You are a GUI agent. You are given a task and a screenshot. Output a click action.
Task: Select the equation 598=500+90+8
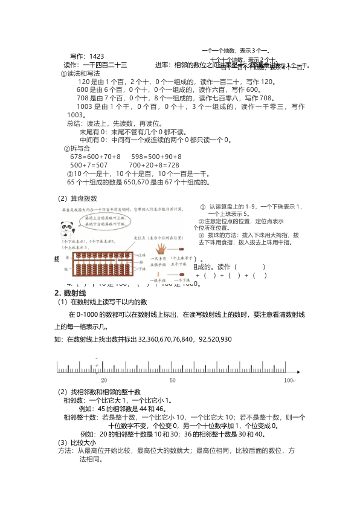(156, 157)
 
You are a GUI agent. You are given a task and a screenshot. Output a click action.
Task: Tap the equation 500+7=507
(89, 165)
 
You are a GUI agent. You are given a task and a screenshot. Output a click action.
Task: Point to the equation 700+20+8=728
(154, 165)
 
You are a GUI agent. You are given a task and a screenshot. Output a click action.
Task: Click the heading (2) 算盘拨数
(77, 198)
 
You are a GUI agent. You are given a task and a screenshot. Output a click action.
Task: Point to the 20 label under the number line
(104, 380)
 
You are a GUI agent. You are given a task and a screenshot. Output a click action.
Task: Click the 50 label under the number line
(173, 380)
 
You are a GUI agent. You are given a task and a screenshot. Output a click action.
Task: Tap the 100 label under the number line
(288, 380)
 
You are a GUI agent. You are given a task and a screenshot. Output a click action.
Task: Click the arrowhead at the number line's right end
(300, 371)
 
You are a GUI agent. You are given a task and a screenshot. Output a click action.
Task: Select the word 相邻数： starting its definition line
(76, 400)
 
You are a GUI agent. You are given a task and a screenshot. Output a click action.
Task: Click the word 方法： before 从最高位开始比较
(66, 451)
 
